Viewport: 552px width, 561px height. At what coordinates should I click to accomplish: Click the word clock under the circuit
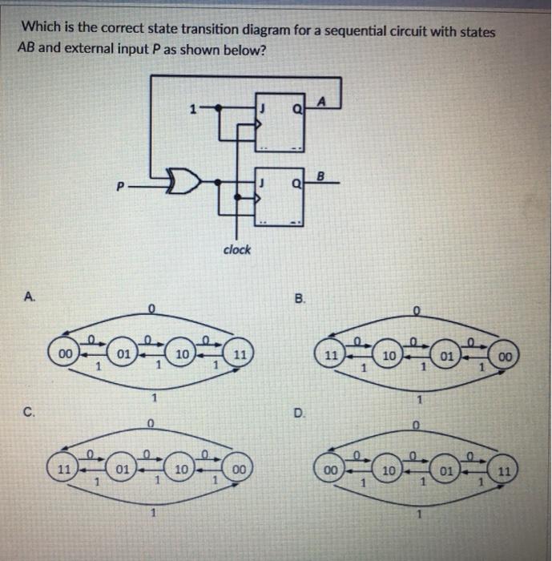coord(236,249)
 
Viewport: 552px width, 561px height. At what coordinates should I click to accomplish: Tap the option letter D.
coord(299,414)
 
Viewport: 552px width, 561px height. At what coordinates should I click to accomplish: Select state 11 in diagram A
coord(240,353)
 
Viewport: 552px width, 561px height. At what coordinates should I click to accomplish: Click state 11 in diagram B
coord(330,354)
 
